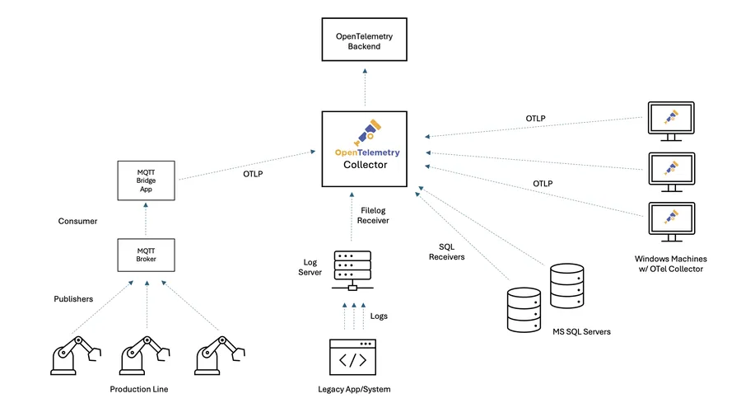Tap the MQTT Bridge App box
pos(146,179)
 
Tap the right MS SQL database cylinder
pos(568,285)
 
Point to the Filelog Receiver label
pos(375,215)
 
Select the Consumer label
pos(77,222)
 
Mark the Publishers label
pos(73,298)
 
